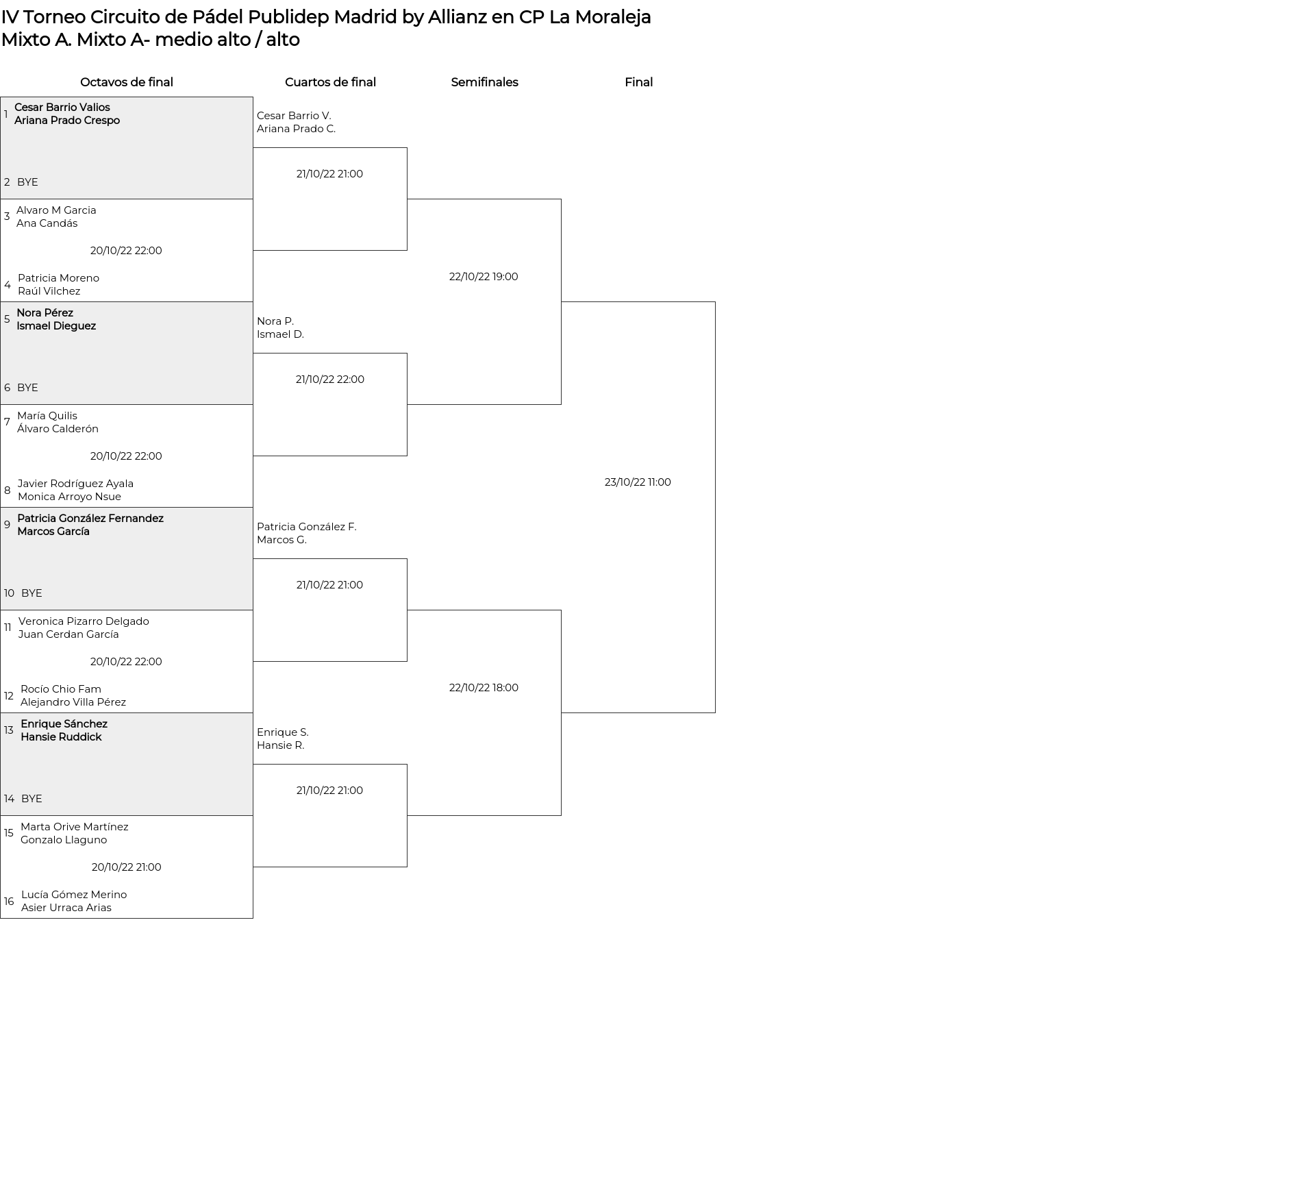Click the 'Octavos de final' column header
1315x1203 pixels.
click(x=127, y=82)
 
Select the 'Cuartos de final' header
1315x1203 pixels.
click(x=330, y=82)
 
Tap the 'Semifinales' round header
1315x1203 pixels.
click(x=484, y=82)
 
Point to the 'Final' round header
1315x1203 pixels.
click(x=638, y=82)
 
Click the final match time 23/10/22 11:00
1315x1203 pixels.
click(x=638, y=482)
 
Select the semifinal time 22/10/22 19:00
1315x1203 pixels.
click(x=484, y=277)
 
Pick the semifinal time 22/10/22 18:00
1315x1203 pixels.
click(x=484, y=688)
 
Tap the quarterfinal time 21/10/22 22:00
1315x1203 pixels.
click(x=330, y=380)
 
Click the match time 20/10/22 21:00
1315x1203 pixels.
click(x=127, y=867)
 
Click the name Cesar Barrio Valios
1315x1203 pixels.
click(x=62, y=108)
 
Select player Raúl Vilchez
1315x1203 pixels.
click(x=49, y=291)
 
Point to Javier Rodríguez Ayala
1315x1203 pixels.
click(x=75, y=484)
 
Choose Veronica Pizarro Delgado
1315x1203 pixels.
click(x=84, y=621)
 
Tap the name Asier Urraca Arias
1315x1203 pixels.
click(x=66, y=908)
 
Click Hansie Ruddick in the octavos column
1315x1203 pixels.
click(x=61, y=737)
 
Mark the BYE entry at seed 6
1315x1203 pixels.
click(x=27, y=388)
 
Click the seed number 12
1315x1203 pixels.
click(x=8, y=696)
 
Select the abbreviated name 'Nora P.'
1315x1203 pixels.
click(x=275, y=321)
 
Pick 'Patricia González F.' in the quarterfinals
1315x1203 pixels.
click(x=307, y=527)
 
